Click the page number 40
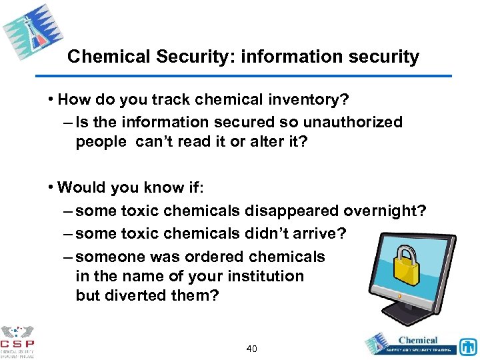tap(252, 349)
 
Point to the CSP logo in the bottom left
tap(18, 341)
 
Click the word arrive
tap(323, 233)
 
